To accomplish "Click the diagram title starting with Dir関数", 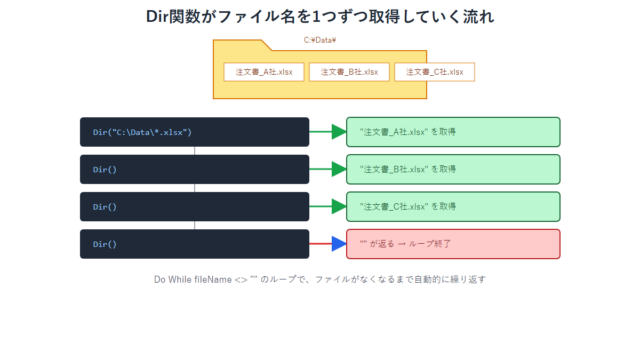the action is coord(320,17).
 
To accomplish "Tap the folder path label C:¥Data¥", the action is coord(320,40).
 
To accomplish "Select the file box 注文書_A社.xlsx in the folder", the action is coord(264,72).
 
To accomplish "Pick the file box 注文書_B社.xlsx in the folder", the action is coord(349,72).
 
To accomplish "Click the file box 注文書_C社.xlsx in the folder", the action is coord(434,72).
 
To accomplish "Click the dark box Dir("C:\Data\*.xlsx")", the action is coord(194,132).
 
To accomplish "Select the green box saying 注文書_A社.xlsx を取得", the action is coord(453,132).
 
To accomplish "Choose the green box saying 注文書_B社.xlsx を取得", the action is coord(453,169).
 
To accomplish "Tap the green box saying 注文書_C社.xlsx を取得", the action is coord(453,207).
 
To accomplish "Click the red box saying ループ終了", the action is coord(453,244).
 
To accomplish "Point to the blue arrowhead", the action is coord(339,244).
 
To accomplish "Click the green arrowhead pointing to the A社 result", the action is coord(339,132).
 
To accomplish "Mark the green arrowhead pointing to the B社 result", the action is coord(339,169).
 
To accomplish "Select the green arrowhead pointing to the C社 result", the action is coord(339,207).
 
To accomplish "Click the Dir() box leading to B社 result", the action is coord(194,169).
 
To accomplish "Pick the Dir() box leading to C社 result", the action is coord(194,207).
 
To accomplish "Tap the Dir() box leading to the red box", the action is coord(194,244).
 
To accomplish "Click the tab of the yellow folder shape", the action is coord(240,45).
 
